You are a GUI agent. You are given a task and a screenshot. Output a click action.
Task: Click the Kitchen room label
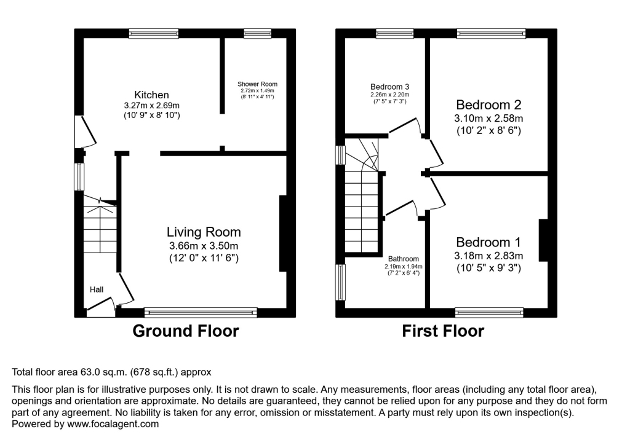click(x=151, y=95)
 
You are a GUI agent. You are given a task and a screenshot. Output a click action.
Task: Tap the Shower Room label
click(x=257, y=84)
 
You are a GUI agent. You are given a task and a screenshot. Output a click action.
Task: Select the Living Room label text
click(x=204, y=232)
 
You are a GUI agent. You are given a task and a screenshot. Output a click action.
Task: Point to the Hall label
click(x=97, y=289)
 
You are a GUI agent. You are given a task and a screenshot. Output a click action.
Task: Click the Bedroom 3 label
click(x=389, y=87)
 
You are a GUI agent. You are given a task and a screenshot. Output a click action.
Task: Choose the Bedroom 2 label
click(x=488, y=104)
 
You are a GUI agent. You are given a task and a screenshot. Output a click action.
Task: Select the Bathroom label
click(x=403, y=259)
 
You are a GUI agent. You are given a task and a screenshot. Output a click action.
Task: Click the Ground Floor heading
click(x=186, y=331)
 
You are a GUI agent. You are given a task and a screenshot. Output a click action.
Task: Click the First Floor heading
click(x=443, y=331)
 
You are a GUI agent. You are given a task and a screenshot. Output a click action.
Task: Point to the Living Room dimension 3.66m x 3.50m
click(x=204, y=246)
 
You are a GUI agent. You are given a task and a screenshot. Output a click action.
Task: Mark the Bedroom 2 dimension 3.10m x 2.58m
click(x=488, y=118)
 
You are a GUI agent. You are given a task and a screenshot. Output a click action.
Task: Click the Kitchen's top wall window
click(x=154, y=33)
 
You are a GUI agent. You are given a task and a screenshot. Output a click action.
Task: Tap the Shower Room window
click(x=257, y=33)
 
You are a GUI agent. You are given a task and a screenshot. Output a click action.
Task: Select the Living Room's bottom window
click(x=201, y=312)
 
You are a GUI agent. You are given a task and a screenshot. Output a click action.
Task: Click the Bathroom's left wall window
click(x=340, y=283)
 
